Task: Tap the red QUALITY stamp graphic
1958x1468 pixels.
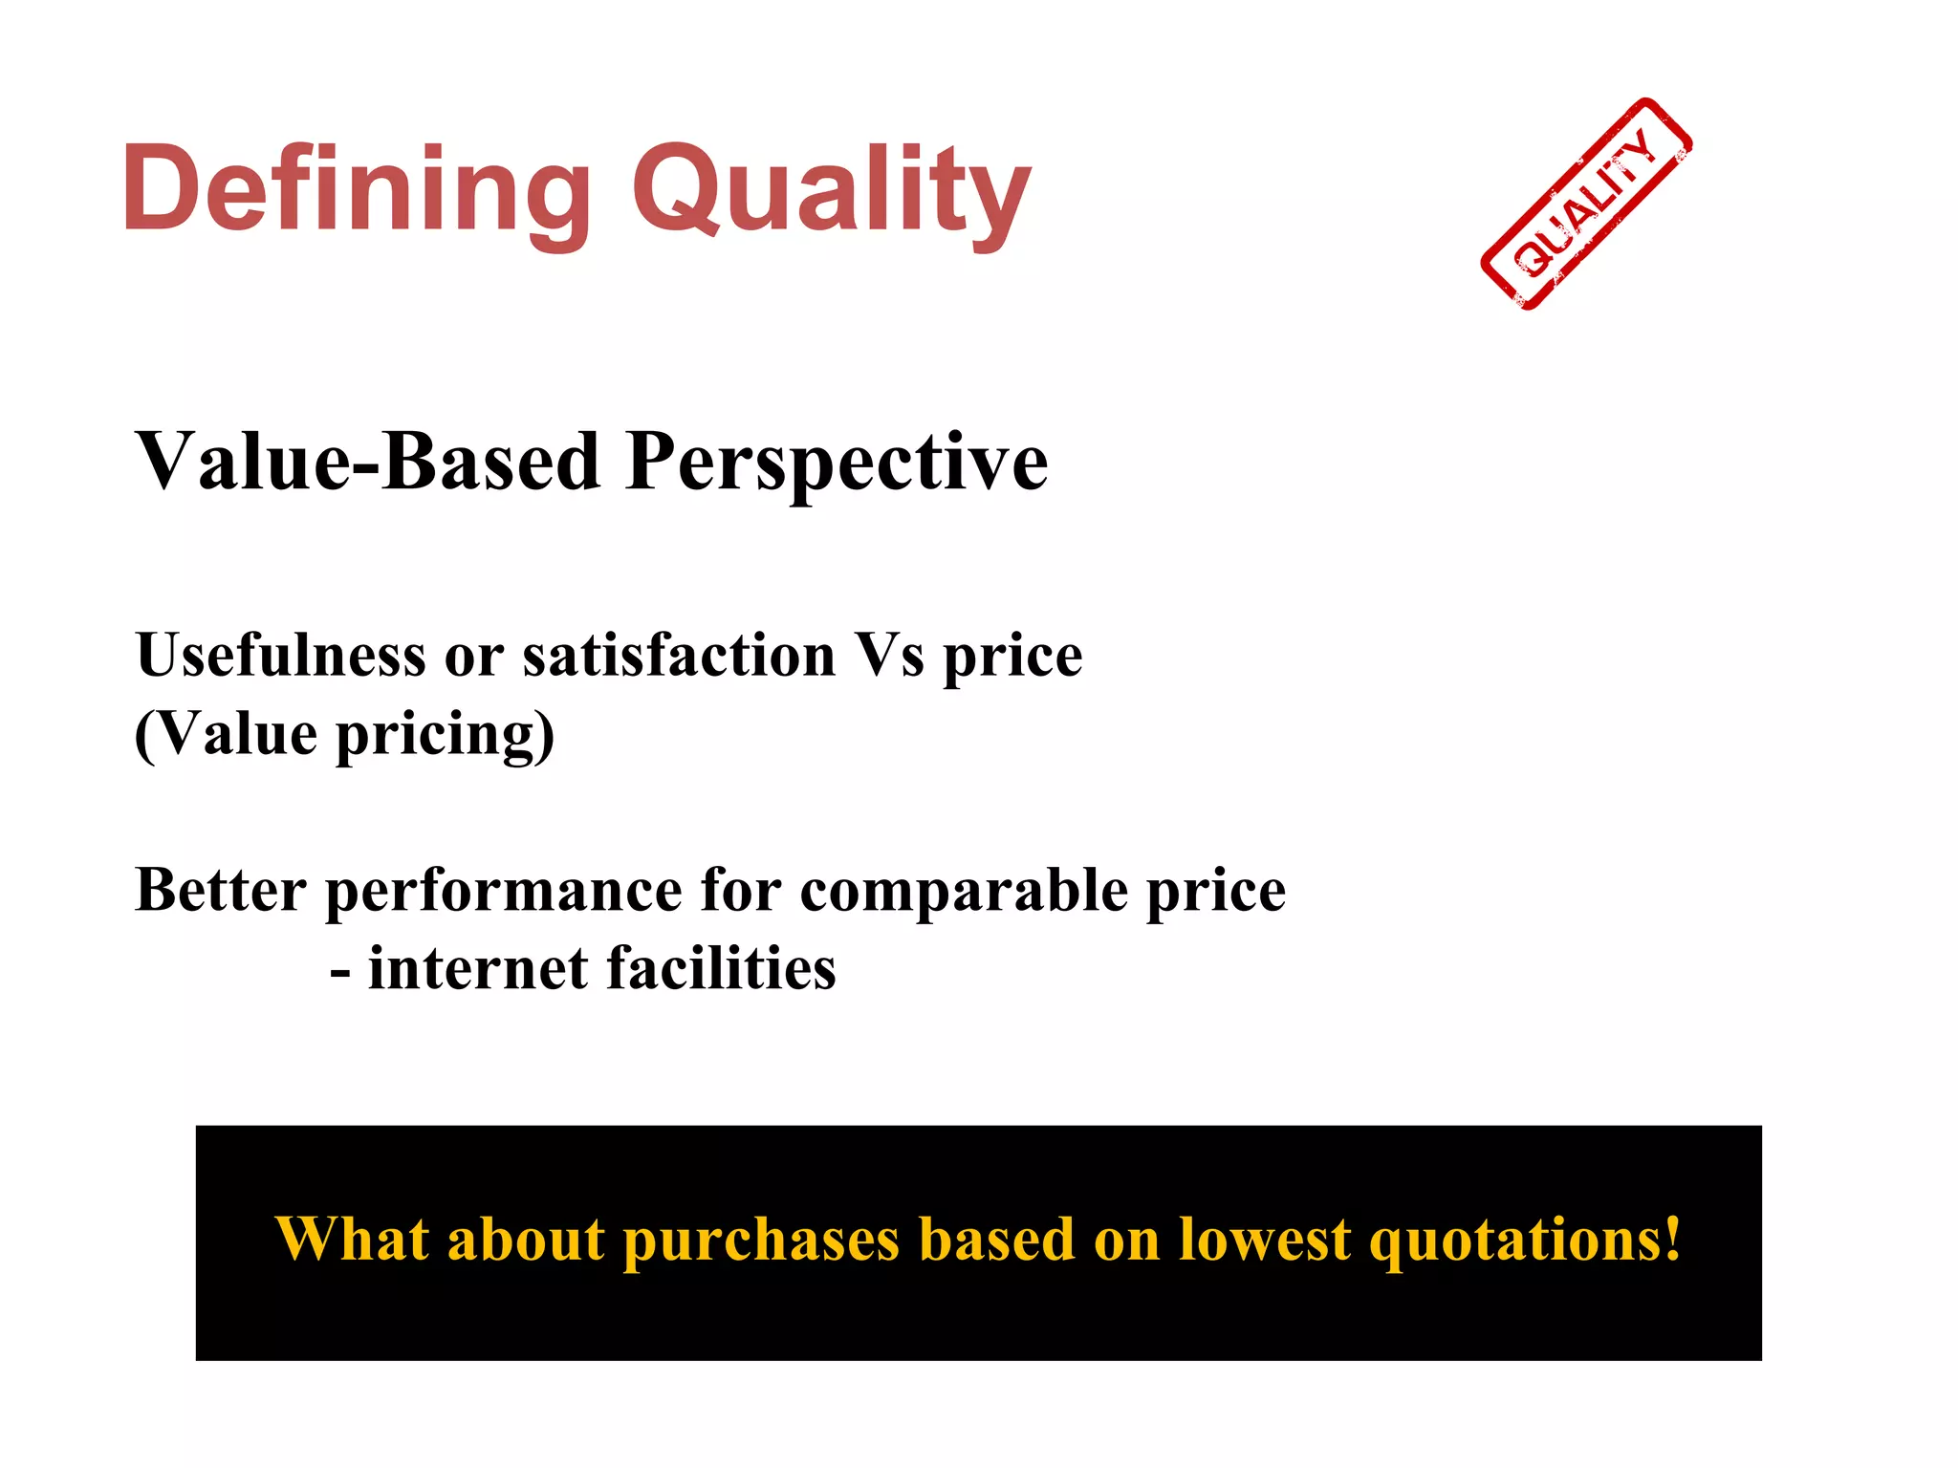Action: coord(1586,205)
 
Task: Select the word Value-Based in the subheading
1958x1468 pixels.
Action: coord(368,462)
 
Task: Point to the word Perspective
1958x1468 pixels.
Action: coord(838,464)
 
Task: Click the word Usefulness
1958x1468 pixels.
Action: coord(280,656)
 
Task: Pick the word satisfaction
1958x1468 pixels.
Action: coord(679,656)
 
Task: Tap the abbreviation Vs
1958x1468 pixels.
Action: coord(889,656)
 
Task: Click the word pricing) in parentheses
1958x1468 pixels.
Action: coord(445,736)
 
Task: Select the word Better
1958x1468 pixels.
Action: coord(220,890)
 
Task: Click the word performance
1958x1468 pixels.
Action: coord(504,892)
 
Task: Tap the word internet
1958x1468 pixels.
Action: coord(478,968)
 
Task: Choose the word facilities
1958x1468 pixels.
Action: coord(721,968)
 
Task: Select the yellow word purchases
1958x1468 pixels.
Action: coord(761,1241)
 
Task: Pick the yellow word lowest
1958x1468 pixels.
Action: coord(1265,1240)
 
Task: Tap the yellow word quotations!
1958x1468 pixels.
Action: coord(1525,1241)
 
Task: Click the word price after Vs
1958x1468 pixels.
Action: coord(1013,658)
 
